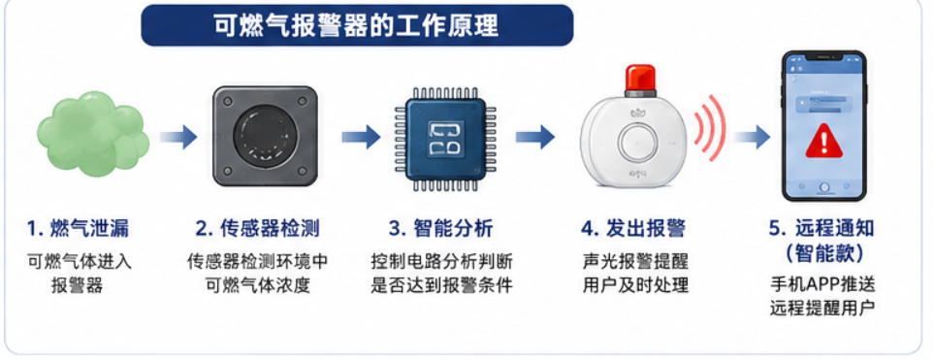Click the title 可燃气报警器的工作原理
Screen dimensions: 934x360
coord(356,25)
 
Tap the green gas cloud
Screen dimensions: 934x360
coord(93,134)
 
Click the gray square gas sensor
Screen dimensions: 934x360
coord(265,136)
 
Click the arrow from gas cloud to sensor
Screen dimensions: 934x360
coord(178,137)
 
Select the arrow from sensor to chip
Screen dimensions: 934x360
coord(361,137)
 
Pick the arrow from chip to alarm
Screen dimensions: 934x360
coord(535,137)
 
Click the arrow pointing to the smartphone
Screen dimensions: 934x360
coord(752,137)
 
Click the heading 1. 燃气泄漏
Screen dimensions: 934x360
coord(78,228)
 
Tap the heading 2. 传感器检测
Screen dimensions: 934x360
coord(257,228)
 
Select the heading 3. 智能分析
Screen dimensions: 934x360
coord(440,228)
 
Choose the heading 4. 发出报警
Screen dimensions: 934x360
coord(633,228)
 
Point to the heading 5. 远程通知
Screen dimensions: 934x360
coord(823,228)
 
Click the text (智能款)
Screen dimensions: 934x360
coord(824,254)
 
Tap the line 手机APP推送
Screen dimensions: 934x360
coord(822,283)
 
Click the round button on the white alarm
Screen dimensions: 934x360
coord(637,143)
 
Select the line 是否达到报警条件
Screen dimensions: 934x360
coord(441,285)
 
